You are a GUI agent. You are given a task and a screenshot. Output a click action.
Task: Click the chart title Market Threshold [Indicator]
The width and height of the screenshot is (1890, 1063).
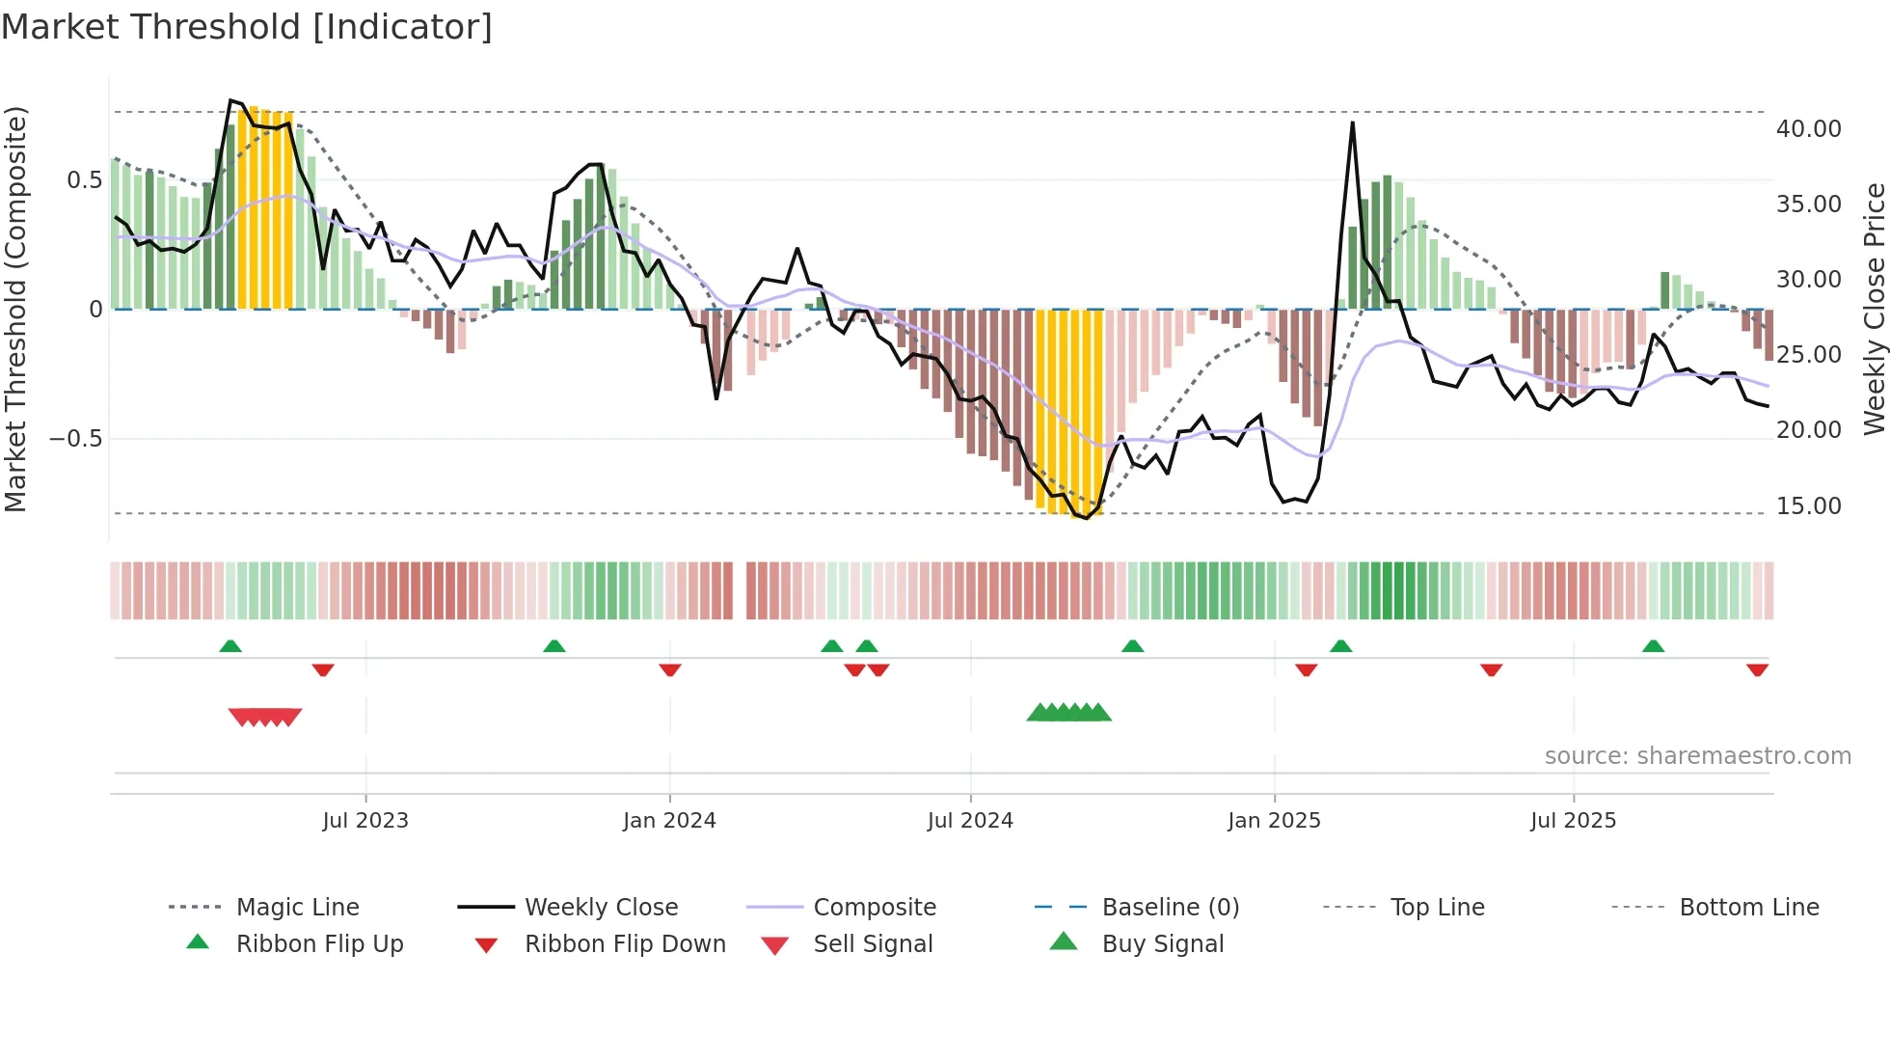pyautogui.click(x=247, y=27)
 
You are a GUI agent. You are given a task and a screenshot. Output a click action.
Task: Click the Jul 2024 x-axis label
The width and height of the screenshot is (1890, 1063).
pyautogui.click(x=970, y=820)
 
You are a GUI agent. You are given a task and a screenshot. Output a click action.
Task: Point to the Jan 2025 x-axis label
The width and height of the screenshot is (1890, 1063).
pyautogui.click(x=1274, y=820)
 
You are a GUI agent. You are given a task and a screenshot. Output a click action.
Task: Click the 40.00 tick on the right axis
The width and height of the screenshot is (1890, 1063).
pyautogui.click(x=1808, y=128)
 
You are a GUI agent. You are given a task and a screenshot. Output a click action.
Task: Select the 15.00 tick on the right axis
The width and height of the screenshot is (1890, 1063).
pyautogui.click(x=1808, y=505)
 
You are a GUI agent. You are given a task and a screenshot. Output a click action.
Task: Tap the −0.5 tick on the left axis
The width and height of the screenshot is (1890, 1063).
pyautogui.click(x=75, y=438)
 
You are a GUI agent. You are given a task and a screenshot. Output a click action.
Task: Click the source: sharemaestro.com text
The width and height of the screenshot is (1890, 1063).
pyautogui.click(x=1697, y=755)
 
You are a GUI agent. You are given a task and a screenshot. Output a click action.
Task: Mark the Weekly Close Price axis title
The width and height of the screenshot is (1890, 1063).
pyautogui.click(x=1874, y=309)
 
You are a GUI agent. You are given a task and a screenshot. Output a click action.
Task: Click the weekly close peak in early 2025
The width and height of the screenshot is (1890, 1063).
pyautogui.click(x=1353, y=123)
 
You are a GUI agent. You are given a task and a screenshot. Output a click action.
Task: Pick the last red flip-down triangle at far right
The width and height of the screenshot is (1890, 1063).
pyautogui.click(x=1757, y=669)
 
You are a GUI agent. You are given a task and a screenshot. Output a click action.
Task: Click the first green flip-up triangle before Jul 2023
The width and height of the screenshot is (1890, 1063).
pyautogui.click(x=230, y=646)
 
